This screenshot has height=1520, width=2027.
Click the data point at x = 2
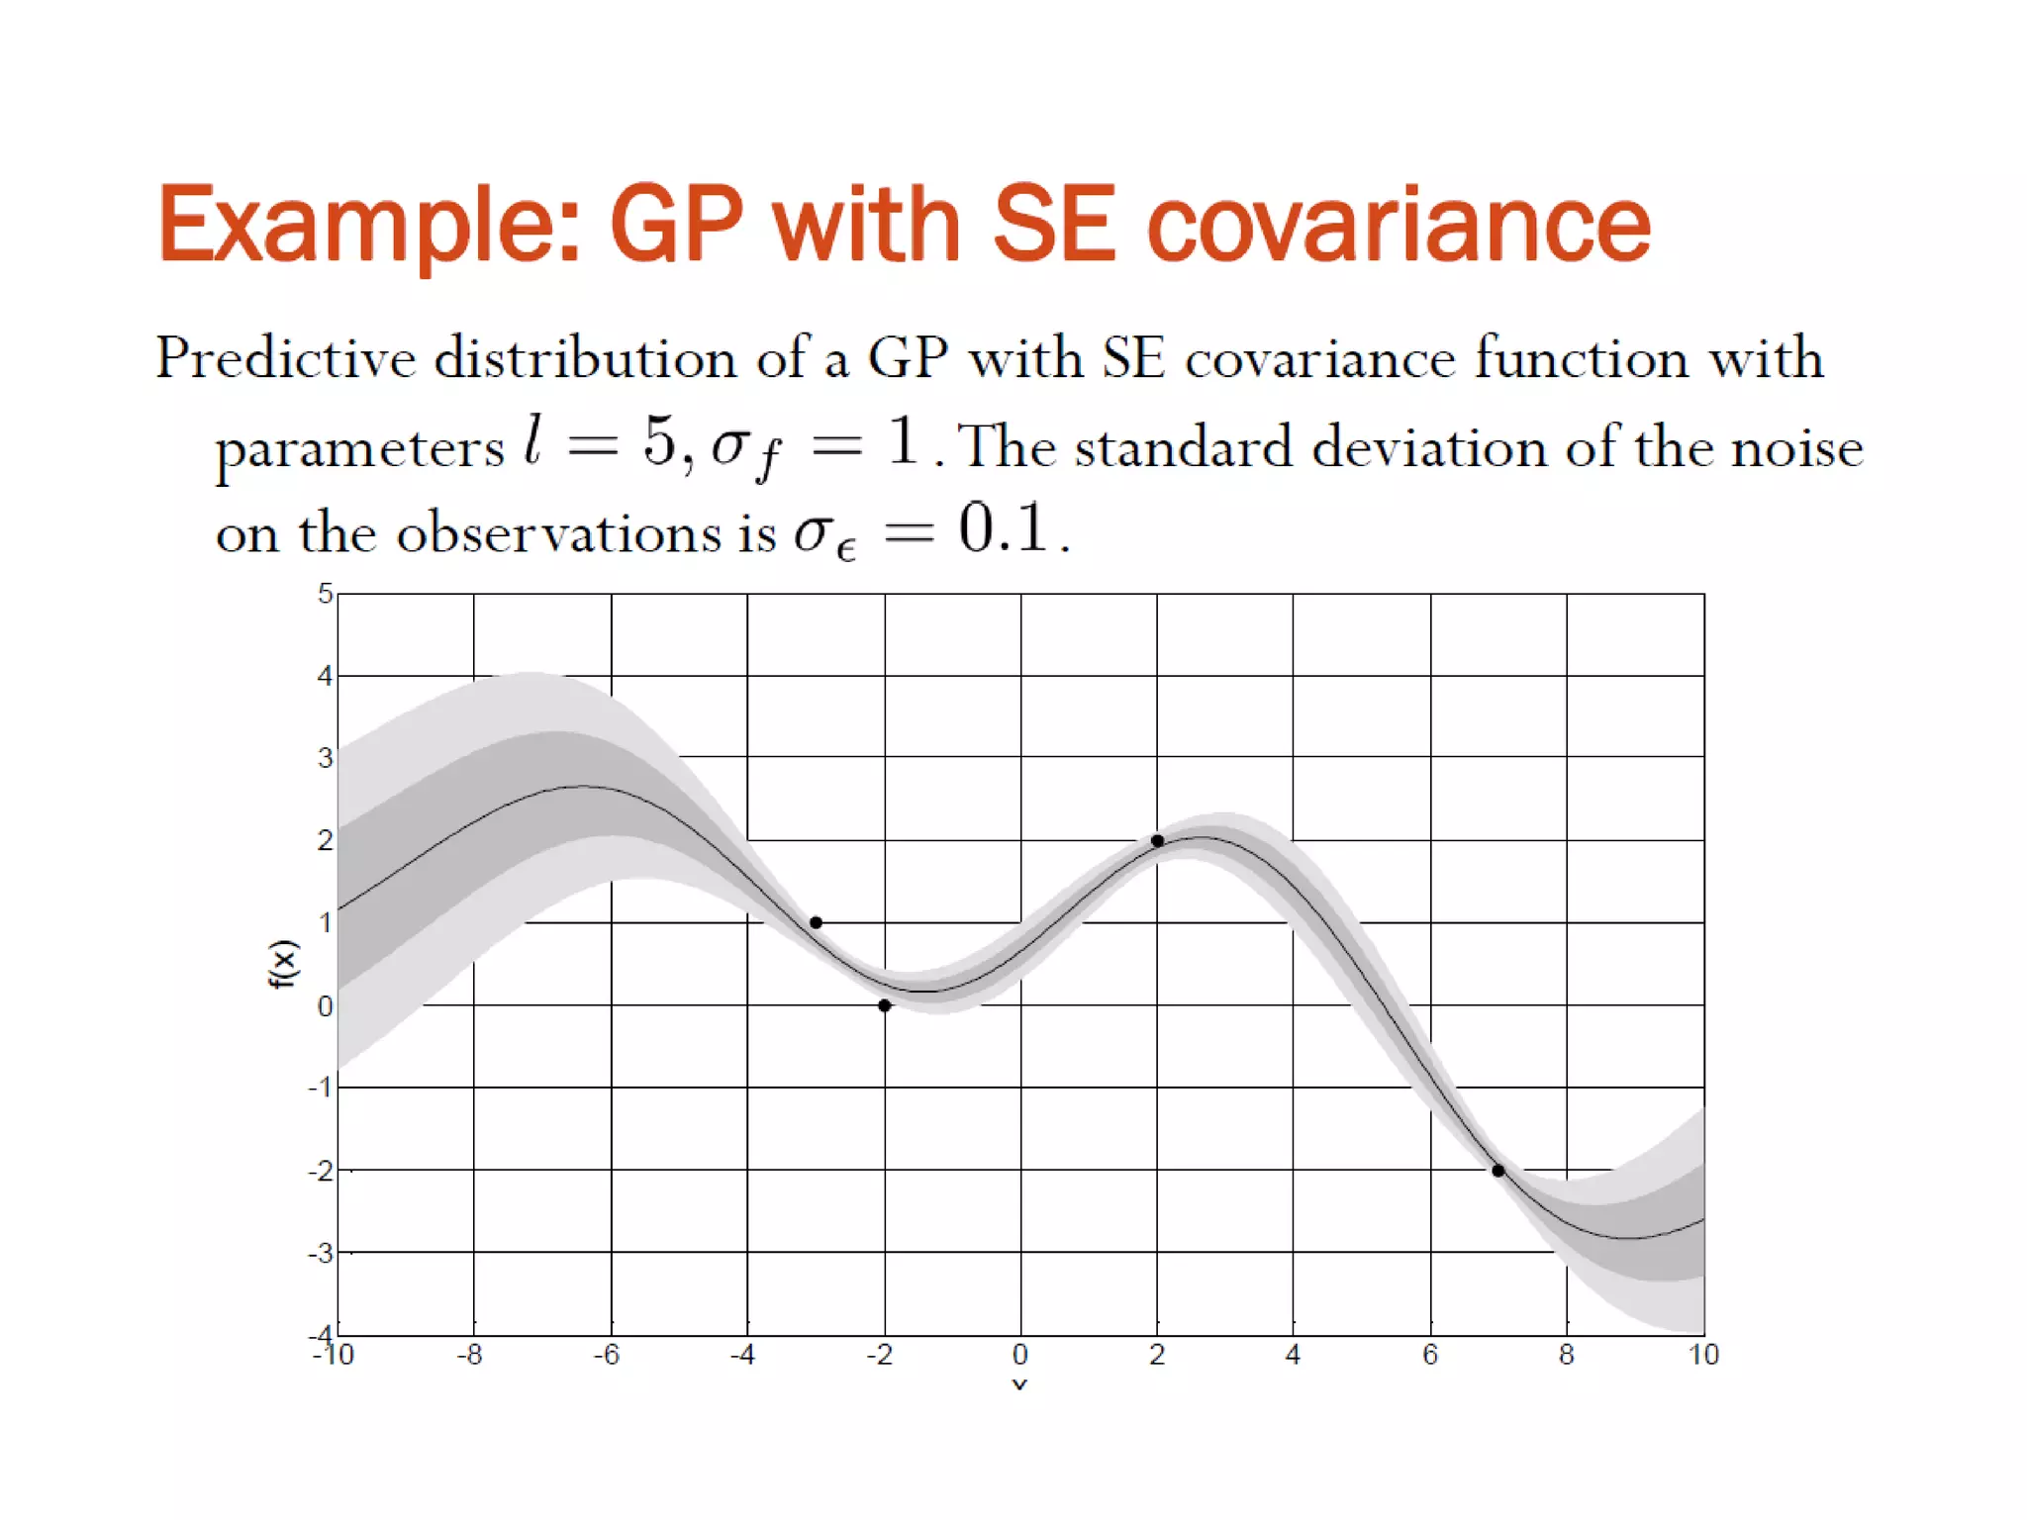click(x=1157, y=841)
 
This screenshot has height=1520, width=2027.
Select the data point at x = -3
click(x=816, y=922)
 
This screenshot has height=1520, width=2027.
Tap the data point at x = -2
click(x=885, y=1005)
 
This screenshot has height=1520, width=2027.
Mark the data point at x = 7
click(x=1498, y=1171)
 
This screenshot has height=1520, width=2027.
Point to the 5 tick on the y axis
click(x=325, y=594)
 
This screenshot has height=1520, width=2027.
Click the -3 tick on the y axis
click(x=321, y=1254)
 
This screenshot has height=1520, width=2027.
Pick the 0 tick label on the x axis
click(x=1020, y=1355)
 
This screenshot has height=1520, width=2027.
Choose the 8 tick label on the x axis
click(x=1567, y=1355)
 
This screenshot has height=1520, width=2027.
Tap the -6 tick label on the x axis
click(x=607, y=1355)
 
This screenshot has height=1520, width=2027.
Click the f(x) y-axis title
click(x=283, y=964)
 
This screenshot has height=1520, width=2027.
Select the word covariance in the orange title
click(x=1399, y=226)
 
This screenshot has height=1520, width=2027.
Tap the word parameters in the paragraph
click(x=360, y=448)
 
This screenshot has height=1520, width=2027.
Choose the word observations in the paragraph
click(x=559, y=533)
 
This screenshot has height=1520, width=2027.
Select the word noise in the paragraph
click(x=1796, y=448)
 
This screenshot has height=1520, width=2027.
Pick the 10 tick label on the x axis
click(x=1703, y=1355)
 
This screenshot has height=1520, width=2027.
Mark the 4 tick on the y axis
click(x=325, y=676)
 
